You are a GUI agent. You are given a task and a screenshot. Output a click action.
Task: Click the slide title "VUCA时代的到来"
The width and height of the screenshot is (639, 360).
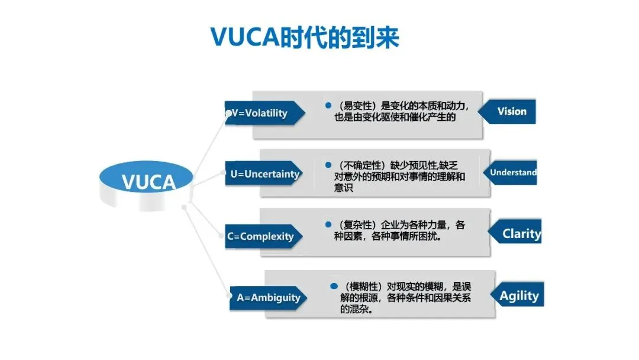305,37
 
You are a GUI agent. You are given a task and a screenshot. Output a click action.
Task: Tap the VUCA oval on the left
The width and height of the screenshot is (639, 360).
146,179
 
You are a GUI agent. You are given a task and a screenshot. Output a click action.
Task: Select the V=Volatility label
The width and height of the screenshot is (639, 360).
264,113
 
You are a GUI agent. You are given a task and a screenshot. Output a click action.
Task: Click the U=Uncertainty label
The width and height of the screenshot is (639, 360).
264,173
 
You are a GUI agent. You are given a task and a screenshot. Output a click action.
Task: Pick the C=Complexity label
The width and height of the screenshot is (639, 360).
264,236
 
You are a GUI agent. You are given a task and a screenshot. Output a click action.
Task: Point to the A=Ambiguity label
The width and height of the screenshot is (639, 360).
268,298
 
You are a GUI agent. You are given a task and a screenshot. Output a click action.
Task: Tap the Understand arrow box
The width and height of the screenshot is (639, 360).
510,172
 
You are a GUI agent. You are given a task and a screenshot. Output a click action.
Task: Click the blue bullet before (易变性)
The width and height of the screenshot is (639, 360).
328,105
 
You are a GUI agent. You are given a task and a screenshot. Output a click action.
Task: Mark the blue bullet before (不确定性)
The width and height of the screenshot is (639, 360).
328,165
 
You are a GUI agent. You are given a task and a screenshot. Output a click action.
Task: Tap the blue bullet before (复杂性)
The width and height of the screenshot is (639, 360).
328,224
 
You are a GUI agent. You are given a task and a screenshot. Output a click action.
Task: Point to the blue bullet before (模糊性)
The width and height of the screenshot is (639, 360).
334,286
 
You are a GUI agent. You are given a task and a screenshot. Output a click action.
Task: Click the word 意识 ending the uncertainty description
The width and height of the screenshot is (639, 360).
344,188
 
